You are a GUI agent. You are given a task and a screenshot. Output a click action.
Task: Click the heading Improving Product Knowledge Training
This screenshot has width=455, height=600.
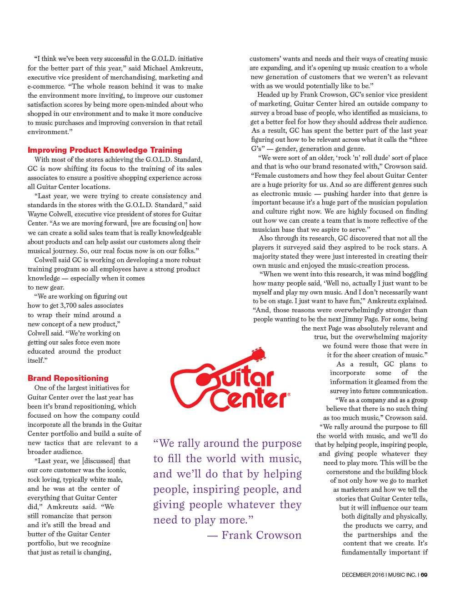click(x=105, y=150)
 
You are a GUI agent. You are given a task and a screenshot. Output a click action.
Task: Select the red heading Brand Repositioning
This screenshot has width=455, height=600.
click(x=68, y=378)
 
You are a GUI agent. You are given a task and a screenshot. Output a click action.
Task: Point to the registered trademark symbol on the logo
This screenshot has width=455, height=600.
click(x=289, y=395)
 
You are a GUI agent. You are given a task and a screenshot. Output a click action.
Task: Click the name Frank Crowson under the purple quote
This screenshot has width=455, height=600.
click(x=261, y=535)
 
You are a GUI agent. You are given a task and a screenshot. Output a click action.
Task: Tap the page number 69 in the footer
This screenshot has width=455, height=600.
click(x=424, y=575)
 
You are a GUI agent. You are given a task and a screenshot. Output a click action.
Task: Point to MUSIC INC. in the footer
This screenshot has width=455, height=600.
click(x=402, y=575)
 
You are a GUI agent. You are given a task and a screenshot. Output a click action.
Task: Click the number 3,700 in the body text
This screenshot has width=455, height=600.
click(x=68, y=305)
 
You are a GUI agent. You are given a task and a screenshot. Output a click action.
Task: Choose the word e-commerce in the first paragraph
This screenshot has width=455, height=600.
click(x=46, y=86)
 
